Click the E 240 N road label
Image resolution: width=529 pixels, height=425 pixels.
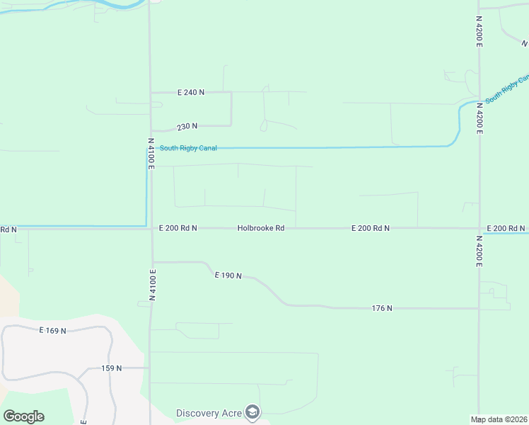click(x=191, y=92)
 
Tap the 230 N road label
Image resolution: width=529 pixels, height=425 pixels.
click(x=187, y=126)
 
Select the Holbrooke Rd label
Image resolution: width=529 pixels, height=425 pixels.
click(x=260, y=228)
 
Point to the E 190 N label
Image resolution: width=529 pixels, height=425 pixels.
click(x=228, y=275)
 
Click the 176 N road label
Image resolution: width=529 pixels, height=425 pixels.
click(x=382, y=308)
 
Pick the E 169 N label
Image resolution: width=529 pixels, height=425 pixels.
click(x=52, y=331)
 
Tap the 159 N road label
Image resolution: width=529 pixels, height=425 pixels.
click(x=112, y=368)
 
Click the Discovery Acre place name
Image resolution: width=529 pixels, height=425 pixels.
click(x=209, y=413)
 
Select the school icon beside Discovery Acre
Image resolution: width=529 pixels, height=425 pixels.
click(x=252, y=412)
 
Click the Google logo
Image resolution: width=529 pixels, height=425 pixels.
click(x=23, y=416)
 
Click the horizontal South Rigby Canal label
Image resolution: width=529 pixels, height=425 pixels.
click(x=188, y=148)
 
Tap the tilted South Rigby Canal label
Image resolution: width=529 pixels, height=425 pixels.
click(x=507, y=88)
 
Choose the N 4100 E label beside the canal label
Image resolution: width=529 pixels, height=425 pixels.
click(x=151, y=154)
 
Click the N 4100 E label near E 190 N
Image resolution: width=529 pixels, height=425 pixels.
click(x=152, y=285)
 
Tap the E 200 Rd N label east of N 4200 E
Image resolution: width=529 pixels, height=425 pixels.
click(x=506, y=228)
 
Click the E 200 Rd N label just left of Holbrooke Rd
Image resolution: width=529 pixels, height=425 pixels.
click(x=178, y=228)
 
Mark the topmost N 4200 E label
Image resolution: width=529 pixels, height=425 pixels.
click(x=479, y=31)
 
